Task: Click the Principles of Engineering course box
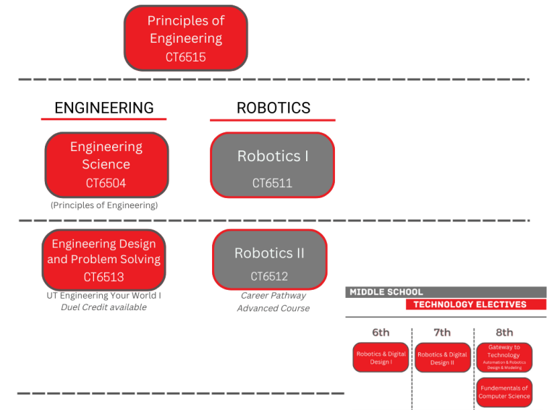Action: point(186,38)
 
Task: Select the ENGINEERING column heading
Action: point(104,108)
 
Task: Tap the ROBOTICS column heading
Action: point(273,108)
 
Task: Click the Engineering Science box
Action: point(106,164)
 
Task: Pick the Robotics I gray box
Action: point(273,164)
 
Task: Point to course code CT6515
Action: point(186,57)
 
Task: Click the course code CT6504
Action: point(106,183)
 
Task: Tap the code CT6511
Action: point(272,183)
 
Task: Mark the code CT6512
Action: point(269,276)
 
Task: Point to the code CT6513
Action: point(103,277)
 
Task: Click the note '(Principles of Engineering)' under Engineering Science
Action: point(104,205)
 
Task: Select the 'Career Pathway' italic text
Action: point(273,296)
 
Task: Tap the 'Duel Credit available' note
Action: point(103,307)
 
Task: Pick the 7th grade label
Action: point(442,333)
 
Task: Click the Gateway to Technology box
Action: point(504,357)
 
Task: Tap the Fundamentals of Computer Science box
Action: point(504,392)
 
